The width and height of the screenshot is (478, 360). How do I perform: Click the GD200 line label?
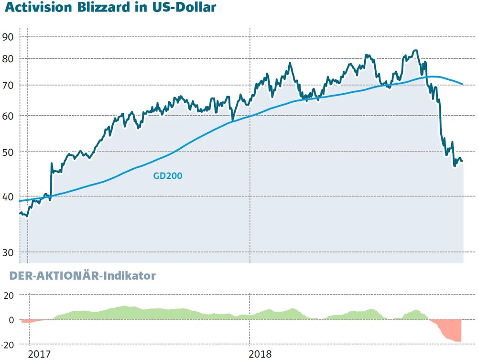click(x=168, y=176)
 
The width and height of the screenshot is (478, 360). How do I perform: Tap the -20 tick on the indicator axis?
click(x=8, y=344)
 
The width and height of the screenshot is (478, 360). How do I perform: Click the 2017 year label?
click(x=40, y=354)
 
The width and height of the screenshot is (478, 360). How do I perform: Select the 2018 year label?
click(x=261, y=354)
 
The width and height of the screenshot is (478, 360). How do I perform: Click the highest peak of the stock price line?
click(x=415, y=50)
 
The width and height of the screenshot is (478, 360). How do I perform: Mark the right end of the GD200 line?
click(x=462, y=84)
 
